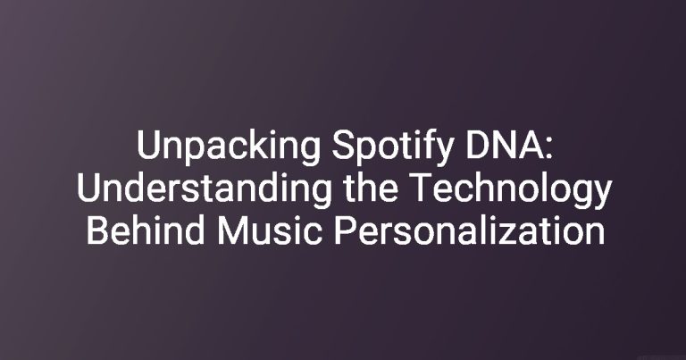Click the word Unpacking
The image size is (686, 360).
pyautogui.click(x=229, y=147)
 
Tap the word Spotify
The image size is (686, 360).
pyautogui.click(x=392, y=147)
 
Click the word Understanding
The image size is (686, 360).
pyautogui.click(x=204, y=188)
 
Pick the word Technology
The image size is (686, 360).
pyautogui.click(x=510, y=189)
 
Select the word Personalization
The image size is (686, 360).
pyautogui.click(x=470, y=230)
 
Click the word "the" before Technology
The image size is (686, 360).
pyautogui.click(x=371, y=188)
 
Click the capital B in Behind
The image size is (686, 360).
pyautogui.click(x=96, y=230)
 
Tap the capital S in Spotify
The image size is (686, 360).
pyautogui.click(x=343, y=146)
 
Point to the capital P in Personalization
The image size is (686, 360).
pyautogui.click(x=345, y=230)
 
